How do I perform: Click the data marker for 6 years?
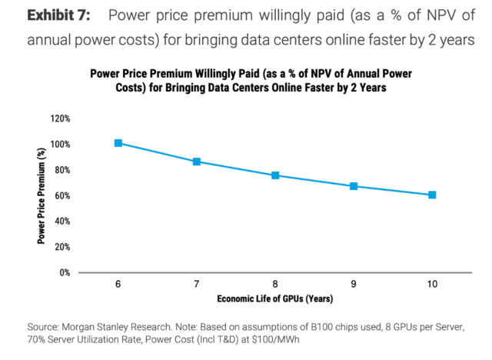click(118, 143)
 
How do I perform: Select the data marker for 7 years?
click(197, 162)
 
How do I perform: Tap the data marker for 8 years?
click(275, 175)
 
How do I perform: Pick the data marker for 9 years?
click(354, 186)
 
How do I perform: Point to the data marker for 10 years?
click(432, 195)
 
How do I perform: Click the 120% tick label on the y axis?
click(60, 118)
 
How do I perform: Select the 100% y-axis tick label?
click(60, 145)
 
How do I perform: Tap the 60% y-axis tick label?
click(62, 195)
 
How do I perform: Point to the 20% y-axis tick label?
click(62, 246)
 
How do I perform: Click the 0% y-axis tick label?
click(65, 272)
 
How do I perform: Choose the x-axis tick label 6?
click(118, 285)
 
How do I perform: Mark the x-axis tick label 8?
click(275, 285)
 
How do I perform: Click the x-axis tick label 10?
click(432, 285)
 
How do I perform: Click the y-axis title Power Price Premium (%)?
click(39, 196)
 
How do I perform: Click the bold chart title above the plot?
click(251, 81)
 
